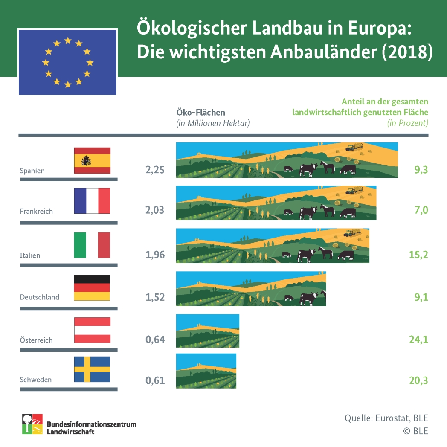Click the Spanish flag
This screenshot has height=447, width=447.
[x=92, y=160]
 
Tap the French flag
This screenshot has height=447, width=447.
[x=92, y=200]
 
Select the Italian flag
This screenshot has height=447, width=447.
[x=92, y=245]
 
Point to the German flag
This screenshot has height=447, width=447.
[x=92, y=287]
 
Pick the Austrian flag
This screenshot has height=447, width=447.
[x=92, y=330]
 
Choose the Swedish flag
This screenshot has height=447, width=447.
[x=92, y=369]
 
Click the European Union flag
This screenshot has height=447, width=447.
[x=67, y=62]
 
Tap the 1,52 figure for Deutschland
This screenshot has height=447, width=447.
[x=155, y=297]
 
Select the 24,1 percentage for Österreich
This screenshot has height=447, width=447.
[x=418, y=340]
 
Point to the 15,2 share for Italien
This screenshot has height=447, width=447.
[x=418, y=255]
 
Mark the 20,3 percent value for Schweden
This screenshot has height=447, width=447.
[x=418, y=380]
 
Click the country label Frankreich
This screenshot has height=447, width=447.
[x=36, y=211]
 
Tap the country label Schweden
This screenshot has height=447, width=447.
[x=35, y=380]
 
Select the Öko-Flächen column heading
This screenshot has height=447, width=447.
[x=200, y=113]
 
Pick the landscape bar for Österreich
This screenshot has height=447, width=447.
[x=208, y=331]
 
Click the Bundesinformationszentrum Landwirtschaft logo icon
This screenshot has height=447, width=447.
[x=32, y=424]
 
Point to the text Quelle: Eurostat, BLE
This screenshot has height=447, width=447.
[x=386, y=418]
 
